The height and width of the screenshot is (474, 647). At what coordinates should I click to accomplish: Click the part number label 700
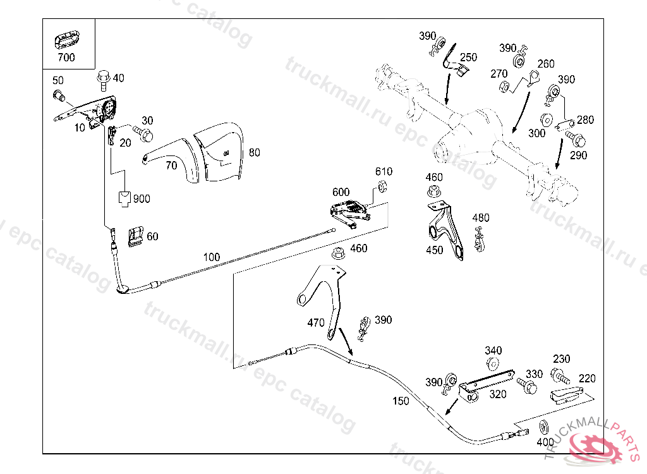coord(66,58)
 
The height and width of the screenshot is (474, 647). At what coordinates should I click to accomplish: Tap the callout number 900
coord(142,198)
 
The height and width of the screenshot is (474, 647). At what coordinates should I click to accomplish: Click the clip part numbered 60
coord(135,238)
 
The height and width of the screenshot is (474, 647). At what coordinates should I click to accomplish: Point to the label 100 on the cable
coord(212,257)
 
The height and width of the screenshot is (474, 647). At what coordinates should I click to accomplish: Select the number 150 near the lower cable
coord(401,401)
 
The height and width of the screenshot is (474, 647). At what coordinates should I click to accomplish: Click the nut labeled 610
coord(382,186)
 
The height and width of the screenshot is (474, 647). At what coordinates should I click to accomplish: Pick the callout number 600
coord(341,192)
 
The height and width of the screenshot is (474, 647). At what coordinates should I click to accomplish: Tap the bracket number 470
coord(316,322)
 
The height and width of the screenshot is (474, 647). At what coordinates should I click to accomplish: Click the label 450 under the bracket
coord(435,250)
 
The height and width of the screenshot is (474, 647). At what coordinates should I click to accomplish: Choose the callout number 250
coord(468,58)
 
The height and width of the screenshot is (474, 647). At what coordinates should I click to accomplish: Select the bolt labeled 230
coord(560,375)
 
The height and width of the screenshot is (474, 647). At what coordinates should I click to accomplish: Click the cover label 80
coord(254,152)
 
